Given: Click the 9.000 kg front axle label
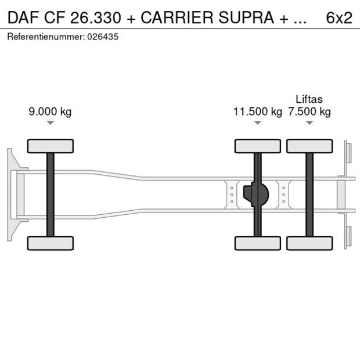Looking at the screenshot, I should pos(50,112).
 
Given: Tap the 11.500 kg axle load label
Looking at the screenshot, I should pos(257,112).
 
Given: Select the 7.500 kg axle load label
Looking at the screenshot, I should pos(309,112).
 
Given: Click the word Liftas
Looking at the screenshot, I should pos(309,99).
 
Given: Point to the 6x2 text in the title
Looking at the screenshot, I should pos(339,18).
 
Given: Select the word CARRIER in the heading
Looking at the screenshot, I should pos(177,18).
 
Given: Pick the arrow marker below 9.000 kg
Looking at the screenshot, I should pos(51,123).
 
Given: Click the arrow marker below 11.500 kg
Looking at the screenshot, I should pos(257,123).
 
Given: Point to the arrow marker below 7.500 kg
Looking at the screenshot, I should pos(309,123).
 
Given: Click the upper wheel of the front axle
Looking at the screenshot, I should pos(51,146).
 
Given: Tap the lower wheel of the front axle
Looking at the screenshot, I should pos(51,243).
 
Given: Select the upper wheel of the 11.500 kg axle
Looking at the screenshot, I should pos(257,146).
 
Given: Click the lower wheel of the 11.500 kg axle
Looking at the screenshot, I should pos(257,243).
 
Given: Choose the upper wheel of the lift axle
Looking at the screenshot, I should pos(309,146).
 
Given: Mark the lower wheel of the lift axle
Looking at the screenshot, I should pos(309,243).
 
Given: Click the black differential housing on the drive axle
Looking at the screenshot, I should pos(256,195).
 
